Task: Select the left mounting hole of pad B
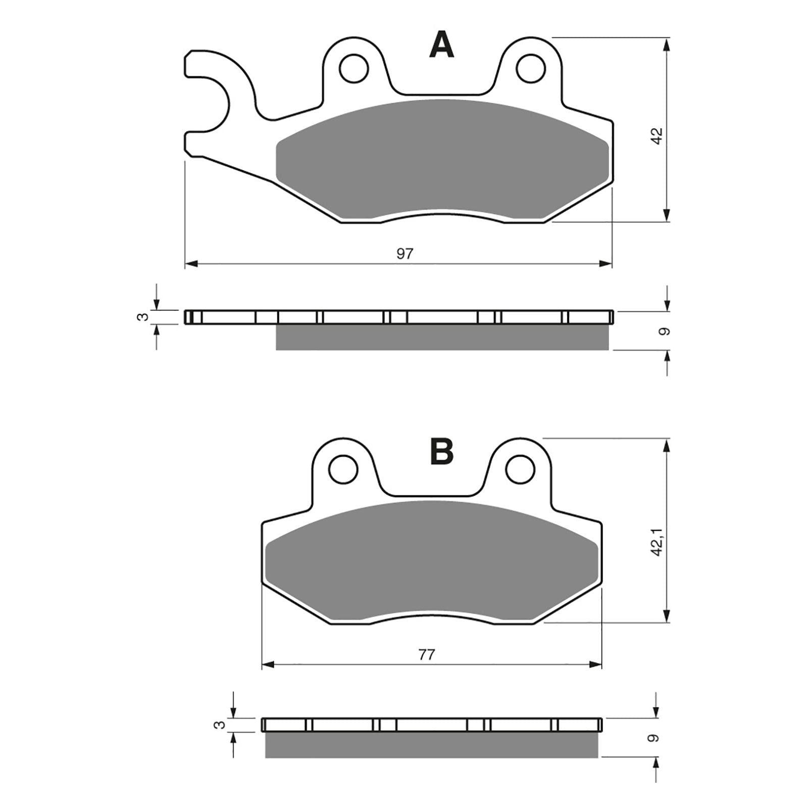[x=343, y=469]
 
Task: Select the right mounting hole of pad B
[x=520, y=469]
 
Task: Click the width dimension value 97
[x=405, y=254]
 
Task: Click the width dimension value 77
[x=426, y=655]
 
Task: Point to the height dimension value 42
[x=656, y=136]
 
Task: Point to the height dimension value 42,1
[x=656, y=542]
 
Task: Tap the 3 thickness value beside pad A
[x=143, y=317]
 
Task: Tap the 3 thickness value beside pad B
[x=219, y=725]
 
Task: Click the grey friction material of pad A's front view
[x=442, y=157]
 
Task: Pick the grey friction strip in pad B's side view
[x=432, y=745]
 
